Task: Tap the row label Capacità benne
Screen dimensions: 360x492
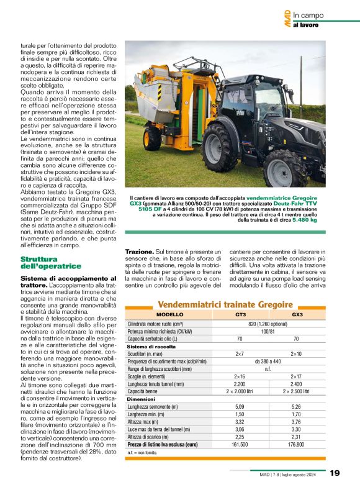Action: point(145,392)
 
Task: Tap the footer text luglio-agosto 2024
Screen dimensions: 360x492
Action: point(302,475)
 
